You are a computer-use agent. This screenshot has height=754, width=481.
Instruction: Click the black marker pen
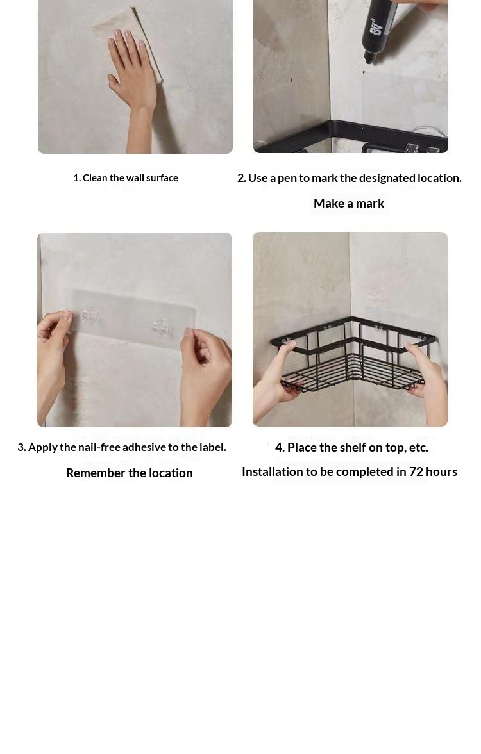click(x=380, y=29)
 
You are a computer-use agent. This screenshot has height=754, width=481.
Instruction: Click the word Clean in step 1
click(x=95, y=178)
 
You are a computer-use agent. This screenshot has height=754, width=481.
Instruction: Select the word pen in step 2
click(x=287, y=178)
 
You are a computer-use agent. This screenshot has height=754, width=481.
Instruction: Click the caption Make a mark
click(x=349, y=204)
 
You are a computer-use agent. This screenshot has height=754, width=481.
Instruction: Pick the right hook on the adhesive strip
click(x=161, y=327)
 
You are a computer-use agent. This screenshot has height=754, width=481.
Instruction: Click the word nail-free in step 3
click(x=99, y=447)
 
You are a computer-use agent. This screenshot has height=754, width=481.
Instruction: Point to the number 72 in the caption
click(x=416, y=471)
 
